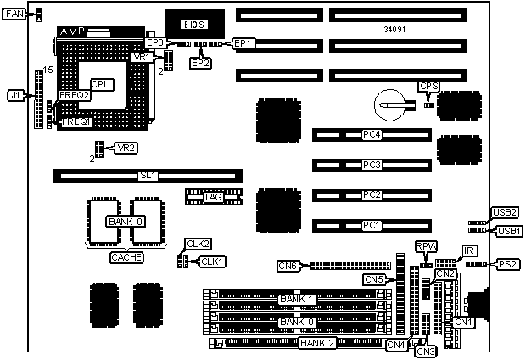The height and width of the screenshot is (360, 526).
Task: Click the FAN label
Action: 15,14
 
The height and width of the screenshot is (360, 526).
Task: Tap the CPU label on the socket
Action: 103,84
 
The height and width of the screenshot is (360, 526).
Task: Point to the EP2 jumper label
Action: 201,62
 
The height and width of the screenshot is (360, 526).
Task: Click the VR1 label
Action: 143,56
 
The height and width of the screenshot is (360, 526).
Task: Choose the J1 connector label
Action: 14,96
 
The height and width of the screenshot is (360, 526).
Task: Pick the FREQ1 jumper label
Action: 76,122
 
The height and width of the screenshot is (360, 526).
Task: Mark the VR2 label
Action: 126,148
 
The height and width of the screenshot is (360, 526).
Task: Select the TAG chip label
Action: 213,197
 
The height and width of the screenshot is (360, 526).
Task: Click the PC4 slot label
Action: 371,134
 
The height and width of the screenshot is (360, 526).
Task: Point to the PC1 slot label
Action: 371,225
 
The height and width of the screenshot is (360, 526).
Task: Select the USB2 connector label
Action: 507,212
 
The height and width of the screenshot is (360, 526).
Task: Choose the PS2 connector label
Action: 511,264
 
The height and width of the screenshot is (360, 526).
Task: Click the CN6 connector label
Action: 288,266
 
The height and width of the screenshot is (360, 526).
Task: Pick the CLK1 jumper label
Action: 212,261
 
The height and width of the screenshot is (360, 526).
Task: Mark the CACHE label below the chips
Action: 126,256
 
